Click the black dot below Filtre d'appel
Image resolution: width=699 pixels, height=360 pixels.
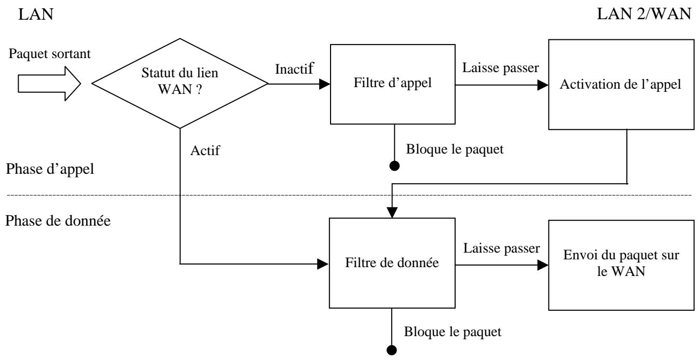click(x=394, y=167)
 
